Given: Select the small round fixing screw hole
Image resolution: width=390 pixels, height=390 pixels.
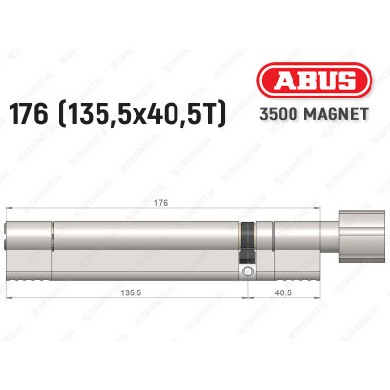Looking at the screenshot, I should [x=249, y=272].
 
